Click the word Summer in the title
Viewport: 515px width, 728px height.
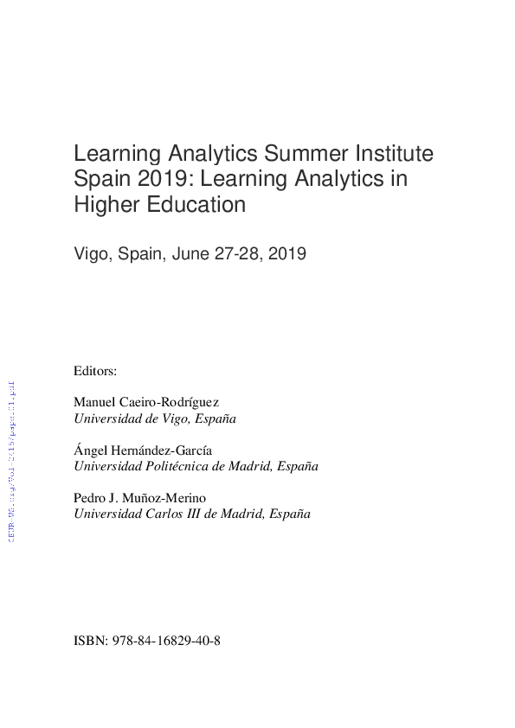(302, 155)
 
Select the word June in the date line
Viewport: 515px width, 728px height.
(193, 255)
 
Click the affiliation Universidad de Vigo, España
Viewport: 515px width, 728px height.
(155, 418)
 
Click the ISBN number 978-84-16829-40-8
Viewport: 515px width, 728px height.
(166, 643)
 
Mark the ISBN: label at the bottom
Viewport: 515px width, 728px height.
(91, 643)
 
